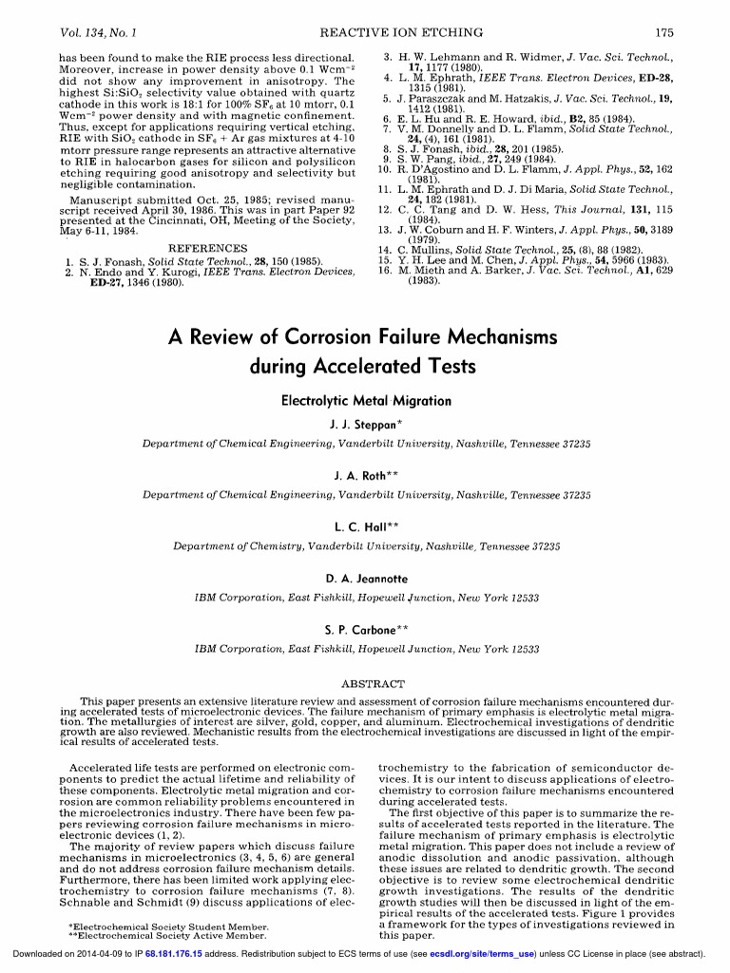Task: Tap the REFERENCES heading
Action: tap(206, 248)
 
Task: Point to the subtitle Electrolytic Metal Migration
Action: tap(365, 401)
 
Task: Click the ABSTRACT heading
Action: tap(366, 683)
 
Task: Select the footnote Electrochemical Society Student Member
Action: tap(155, 925)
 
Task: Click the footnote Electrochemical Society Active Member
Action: tap(154, 935)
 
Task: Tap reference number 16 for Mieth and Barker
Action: tap(384, 270)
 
